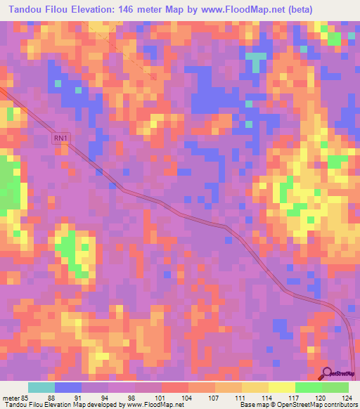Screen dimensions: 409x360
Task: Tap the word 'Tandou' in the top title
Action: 25,8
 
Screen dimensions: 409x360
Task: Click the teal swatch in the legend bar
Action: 41,387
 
